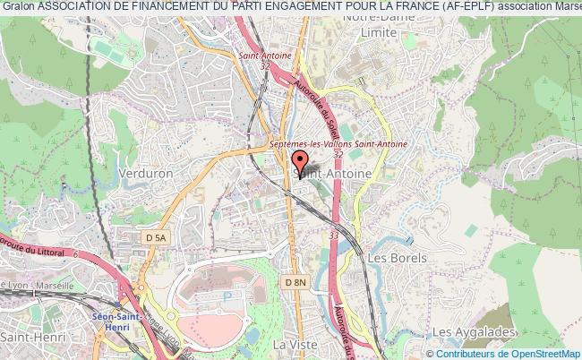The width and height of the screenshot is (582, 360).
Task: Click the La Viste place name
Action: pyautogui.click(x=291, y=344)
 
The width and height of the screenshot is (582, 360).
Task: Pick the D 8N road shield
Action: pyautogui.click(x=295, y=283)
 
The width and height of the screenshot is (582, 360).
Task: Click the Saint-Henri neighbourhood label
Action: pyautogui.click(x=28, y=338)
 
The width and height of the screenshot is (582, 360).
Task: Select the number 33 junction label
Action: pyautogui.click(x=333, y=235)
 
